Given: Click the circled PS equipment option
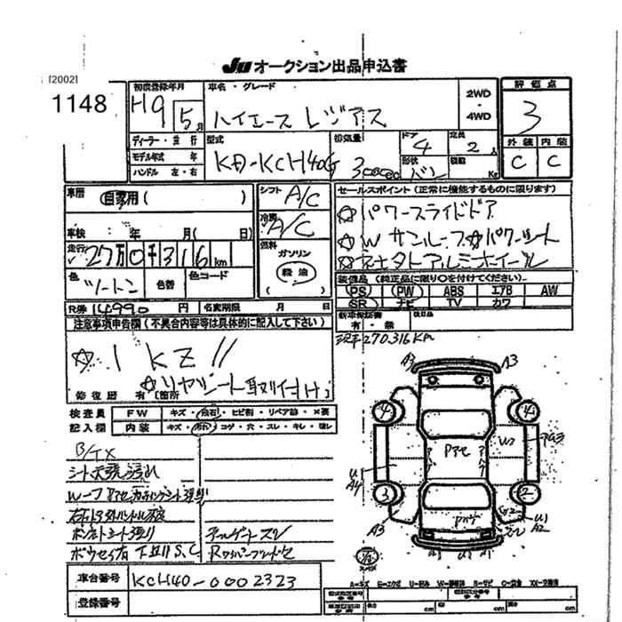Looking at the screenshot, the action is (x=358, y=290).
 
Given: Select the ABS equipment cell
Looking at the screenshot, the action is (x=453, y=290).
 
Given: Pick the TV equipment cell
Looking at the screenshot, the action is (x=453, y=303).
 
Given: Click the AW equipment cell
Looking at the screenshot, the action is (x=548, y=290).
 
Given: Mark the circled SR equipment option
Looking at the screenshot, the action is (x=358, y=303).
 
